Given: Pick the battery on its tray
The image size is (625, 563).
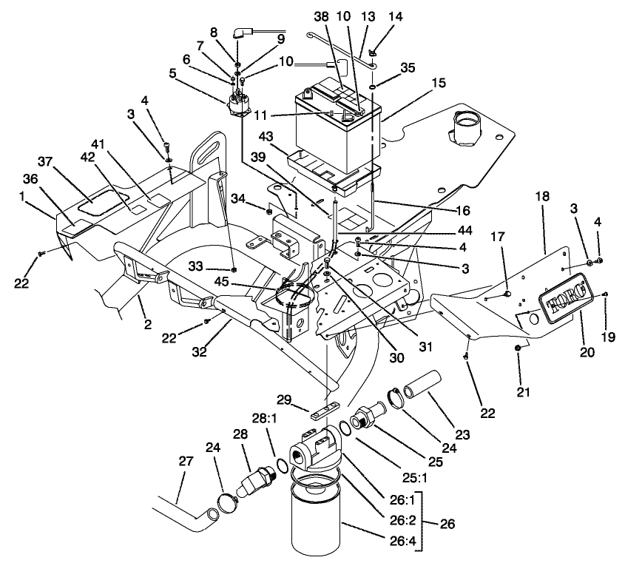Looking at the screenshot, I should (x=337, y=126).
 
